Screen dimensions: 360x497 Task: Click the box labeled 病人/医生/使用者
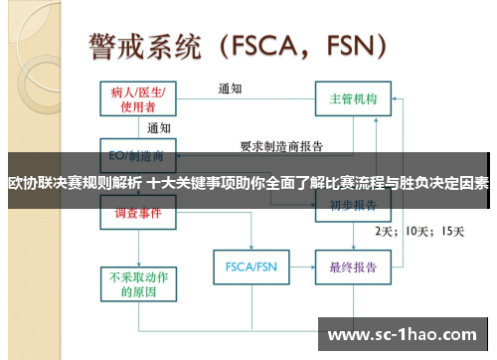pyautogui.click(x=138, y=98)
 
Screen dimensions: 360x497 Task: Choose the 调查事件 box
pyautogui.click(x=138, y=212)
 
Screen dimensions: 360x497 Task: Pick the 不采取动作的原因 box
pyautogui.click(x=138, y=283)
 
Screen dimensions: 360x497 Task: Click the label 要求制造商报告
pyautogui.click(x=281, y=145)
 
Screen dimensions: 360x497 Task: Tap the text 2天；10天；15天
pyautogui.click(x=417, y=231)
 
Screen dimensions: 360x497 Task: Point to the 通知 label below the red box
pyautogui.click(x=159, y=128)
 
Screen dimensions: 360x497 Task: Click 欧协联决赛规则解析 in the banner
pyautogui.click(x=74, y=184)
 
